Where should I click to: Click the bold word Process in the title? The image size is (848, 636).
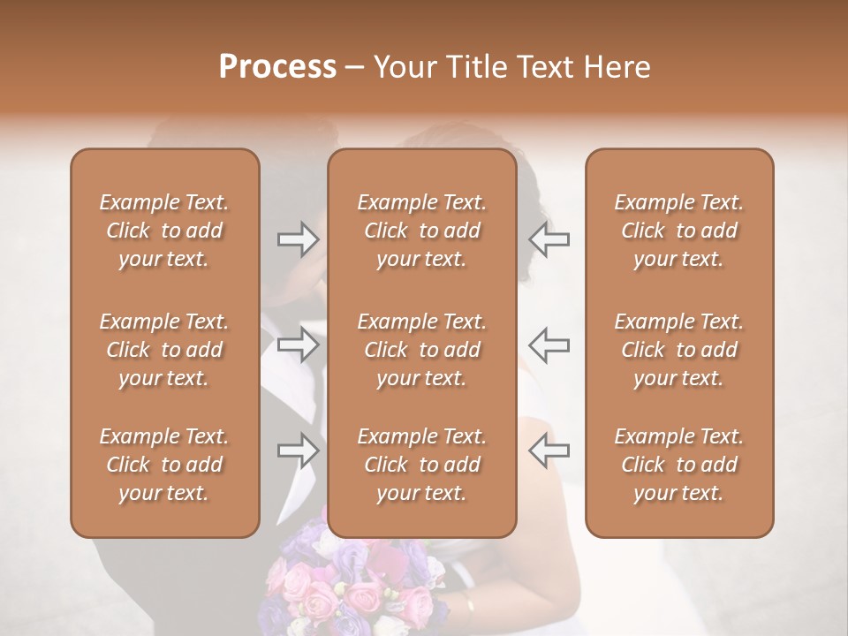(277, 66)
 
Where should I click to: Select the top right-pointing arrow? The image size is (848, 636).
(299, 238)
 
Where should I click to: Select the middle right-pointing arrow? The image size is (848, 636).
(299, 344)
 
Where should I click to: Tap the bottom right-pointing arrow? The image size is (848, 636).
(299, 450)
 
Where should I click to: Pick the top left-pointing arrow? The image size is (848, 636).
(549, 238)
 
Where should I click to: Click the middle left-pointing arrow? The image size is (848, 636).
(549, 344)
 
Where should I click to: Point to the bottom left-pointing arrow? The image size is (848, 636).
(549, 450)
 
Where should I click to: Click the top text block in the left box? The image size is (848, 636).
(164, 231)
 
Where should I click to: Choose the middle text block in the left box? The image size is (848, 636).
(164, 350)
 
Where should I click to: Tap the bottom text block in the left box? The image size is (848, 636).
(164, 465)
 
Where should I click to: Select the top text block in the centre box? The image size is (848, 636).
(421, 231)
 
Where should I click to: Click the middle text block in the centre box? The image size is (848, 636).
(421, 350)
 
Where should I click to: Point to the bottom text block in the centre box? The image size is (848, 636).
(421, 465)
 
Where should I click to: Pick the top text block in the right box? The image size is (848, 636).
(678, 231)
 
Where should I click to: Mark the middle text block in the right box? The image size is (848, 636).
(678, 350)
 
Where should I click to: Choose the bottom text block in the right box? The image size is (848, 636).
(678, 465)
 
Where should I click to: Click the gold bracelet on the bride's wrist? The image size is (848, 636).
(469, 609)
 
